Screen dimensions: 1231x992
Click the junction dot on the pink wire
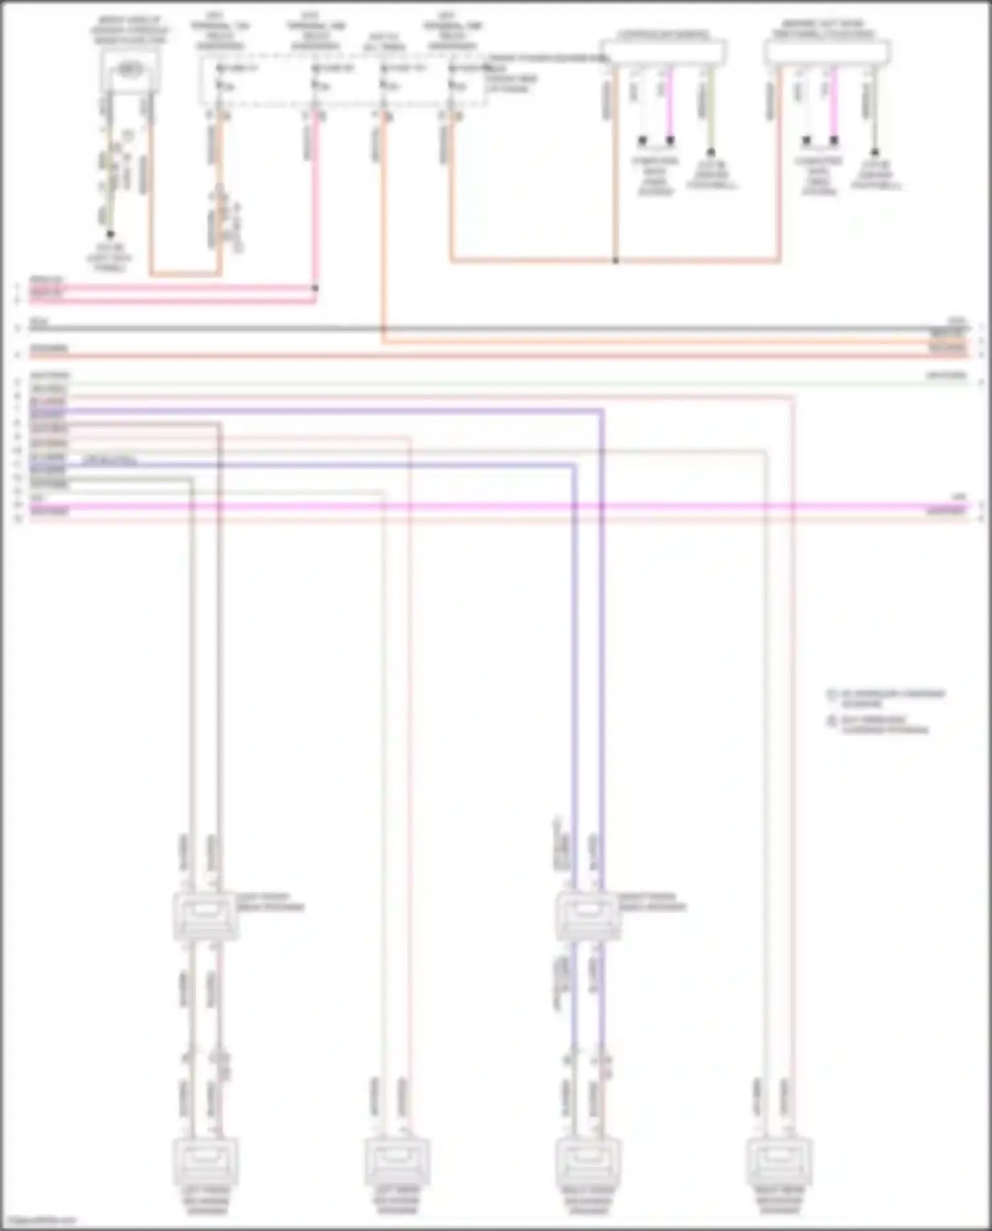tap(315, 288)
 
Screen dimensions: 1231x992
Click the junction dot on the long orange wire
tap(615, 261)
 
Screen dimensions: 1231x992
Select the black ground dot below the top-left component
tap(110, 234)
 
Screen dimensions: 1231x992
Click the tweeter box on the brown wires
tap(206, 915)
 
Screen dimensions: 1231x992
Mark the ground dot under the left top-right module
tap(711, 152)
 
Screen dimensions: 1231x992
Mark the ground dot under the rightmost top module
tap(875, 152)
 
